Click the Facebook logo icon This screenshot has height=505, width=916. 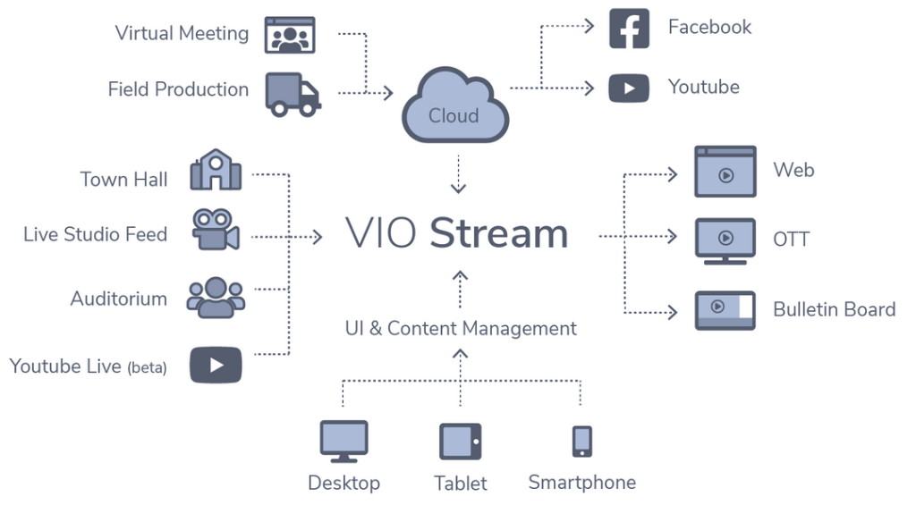pyautogui.click(x=629, y=28)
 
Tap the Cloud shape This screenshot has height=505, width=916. pyautogui.click(x=454, y=108)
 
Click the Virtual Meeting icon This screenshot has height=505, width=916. pyautogui.click(x=289, y=35)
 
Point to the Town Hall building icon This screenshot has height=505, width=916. pyautogui.click(x=216, y=170)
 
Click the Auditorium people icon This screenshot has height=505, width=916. pyautogui.click(x=216, y=297)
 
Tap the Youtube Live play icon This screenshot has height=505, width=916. pyautogui.click(x=216, y=365)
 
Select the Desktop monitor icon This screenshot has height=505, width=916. pyautogui.click(x=343, y=442)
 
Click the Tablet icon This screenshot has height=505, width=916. pyautogui.click(x=460, y=442)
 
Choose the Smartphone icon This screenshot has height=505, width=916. pyautogui.click(x=581, y=441)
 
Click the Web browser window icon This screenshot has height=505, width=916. pyautogui.click(x=725, y=172)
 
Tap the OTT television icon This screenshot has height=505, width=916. pyautogui.click(x=725, y=240)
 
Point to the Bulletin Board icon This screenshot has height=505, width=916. pyautogui.click(x=725, y=309)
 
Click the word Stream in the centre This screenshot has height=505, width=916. pyautogui.click(x=498, y=234)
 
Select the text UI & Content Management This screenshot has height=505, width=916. pyautogui.click(x=461, y=328)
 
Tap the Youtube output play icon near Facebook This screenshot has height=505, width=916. pyautogui.click(x=629, y=88)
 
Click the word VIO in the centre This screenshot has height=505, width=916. pyautogui.click(x=380, y=234)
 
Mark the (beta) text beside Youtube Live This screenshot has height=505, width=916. pyautogui.click(x=147, y=367)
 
